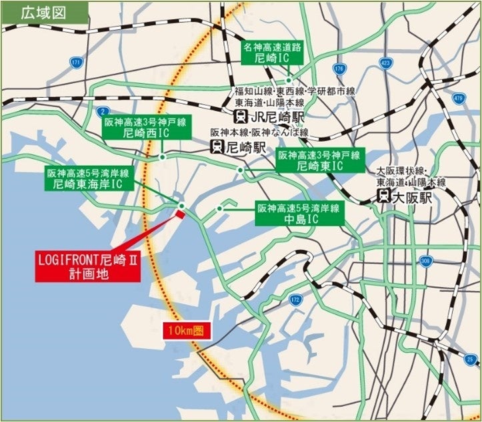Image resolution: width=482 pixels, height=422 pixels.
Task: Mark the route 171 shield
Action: point(75,63)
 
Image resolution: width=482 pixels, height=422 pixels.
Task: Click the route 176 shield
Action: point(339,69)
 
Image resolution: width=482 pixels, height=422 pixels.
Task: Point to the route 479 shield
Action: point(457,99)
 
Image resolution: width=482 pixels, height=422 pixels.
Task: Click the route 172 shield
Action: point(295,300)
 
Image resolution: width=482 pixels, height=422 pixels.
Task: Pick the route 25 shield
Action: point(470,360)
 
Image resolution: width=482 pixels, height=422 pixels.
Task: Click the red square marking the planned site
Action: point(179,213)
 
